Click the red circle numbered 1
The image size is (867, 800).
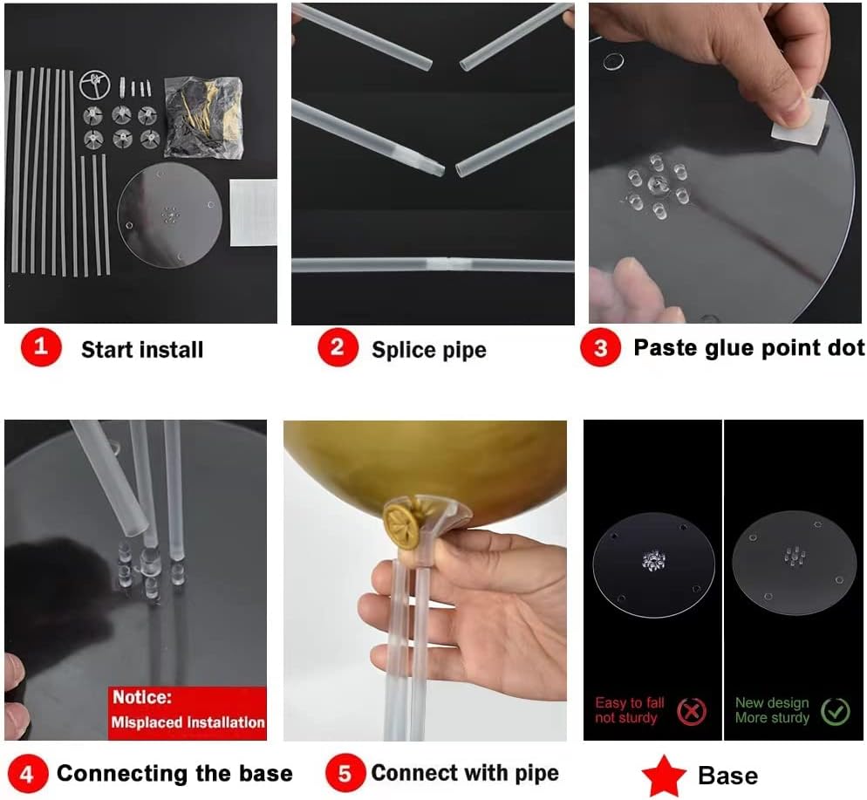[x=41, y=347]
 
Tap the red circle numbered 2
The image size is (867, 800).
[x=338, y=347]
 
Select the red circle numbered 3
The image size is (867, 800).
[x=600, y=347]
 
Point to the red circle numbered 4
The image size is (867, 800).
[x=27, y=773]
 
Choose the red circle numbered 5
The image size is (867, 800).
[x=345, y=773]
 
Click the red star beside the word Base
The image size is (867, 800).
[x=664, y=776]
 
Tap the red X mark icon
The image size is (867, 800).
[x=692, y=712]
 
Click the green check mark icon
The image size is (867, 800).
[x=836, y=712]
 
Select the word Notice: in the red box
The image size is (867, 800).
[x=142, y=697]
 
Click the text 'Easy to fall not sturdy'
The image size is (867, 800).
[x=630, y=710]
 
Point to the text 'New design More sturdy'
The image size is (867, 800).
[x=772, y=710]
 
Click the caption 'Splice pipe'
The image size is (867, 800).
[x=429, y=350]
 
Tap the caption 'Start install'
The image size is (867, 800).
[x=142, y=350]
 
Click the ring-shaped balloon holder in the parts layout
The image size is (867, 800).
[x=94, y=85]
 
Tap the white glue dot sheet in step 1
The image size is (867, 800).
[x=253, y=212]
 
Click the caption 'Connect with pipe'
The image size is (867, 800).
[x=465, y=773]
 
